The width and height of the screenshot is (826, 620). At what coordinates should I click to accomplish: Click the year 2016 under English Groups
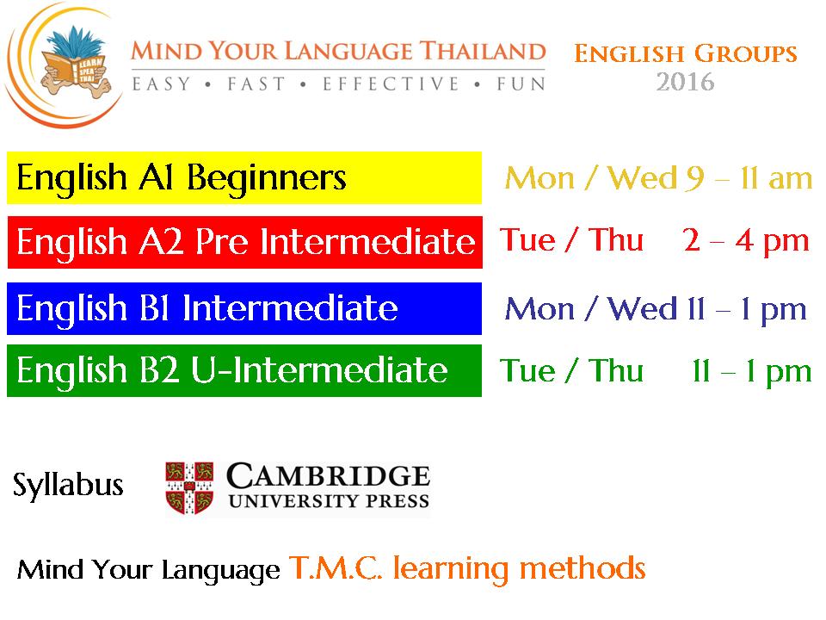click(x=685, y=82)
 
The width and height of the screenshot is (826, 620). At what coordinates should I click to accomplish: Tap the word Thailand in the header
click(x=483, y=51)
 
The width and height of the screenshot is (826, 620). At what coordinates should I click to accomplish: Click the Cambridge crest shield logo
click(x=189, y=487)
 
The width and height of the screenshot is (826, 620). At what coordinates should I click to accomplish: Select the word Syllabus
click(x=68, y=485)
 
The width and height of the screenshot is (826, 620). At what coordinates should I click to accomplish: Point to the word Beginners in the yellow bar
click(x=267, y=177)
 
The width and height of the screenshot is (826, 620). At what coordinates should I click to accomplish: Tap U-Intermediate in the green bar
click(x=319, y=369)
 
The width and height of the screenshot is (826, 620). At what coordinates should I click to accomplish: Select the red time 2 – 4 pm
click(x=746, y=241)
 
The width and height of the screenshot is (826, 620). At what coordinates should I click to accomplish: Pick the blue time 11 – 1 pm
click(x=747, y=309)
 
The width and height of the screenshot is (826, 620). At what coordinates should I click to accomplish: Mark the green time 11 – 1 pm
click(x=752, y=371)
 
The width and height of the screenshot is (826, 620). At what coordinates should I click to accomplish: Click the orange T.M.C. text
click(x=336, y=568)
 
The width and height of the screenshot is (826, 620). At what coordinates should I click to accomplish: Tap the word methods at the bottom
click(x=583, y=568)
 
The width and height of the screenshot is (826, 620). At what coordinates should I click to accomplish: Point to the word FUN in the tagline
click(x=521, y=84)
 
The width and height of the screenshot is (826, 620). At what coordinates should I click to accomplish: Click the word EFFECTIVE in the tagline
click(x=391, y=84)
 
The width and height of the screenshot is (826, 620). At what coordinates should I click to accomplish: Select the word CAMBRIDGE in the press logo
click(x=328, y=475)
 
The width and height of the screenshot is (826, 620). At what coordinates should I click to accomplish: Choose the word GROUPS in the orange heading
click(x=745, y=53)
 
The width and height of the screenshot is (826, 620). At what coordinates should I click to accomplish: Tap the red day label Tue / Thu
click(x=571, y=240)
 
